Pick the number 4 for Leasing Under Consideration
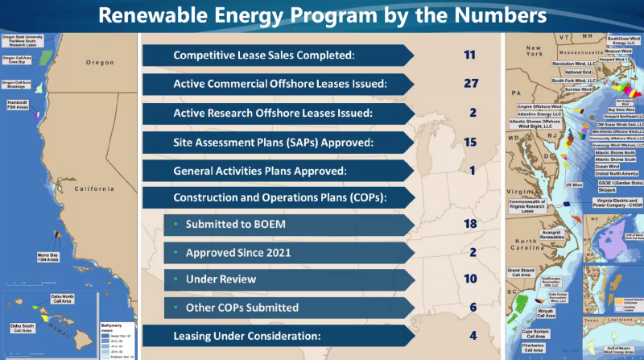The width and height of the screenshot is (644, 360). click(473, 335)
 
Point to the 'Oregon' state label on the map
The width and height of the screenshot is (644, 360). click(101, 62)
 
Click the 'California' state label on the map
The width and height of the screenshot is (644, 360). click(95, 188)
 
